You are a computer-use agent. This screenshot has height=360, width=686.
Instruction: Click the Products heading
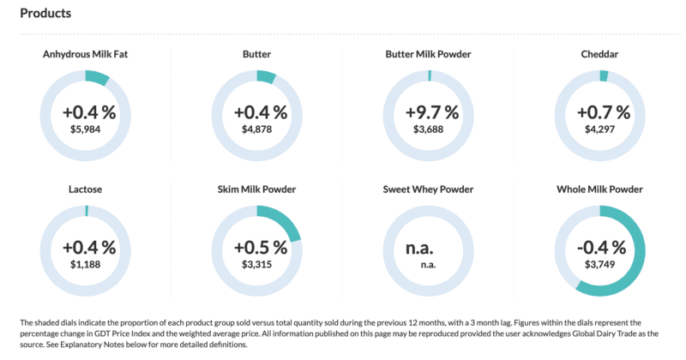[x=45, y=14]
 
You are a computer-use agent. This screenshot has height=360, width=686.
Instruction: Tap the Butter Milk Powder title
[x=428, y=55]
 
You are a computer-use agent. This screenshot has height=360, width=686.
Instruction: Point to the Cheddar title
[x=599, y=55]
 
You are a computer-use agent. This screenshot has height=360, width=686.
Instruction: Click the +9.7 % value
[x=428, y=112]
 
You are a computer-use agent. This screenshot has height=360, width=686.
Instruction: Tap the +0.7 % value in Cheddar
[x=599, y=112]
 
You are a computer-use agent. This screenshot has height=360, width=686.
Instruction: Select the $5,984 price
[x=86, y=129]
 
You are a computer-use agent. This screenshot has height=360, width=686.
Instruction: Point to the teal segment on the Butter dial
[x=266, y=77]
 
